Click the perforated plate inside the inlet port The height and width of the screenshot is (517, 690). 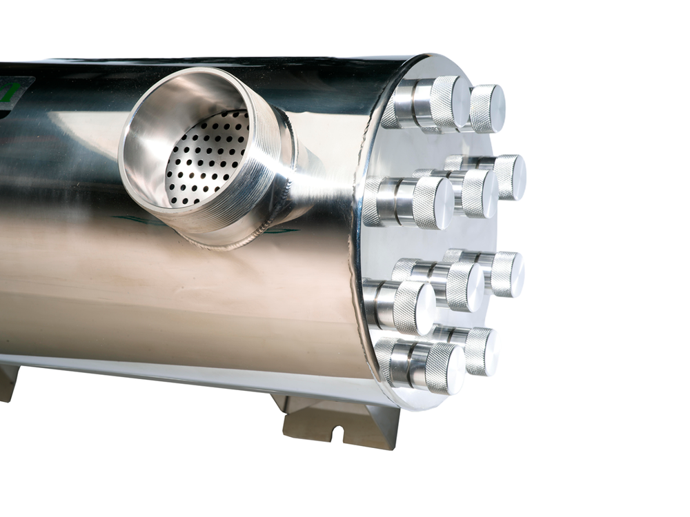click(207, 159)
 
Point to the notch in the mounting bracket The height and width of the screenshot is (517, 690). click(338, 433)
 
